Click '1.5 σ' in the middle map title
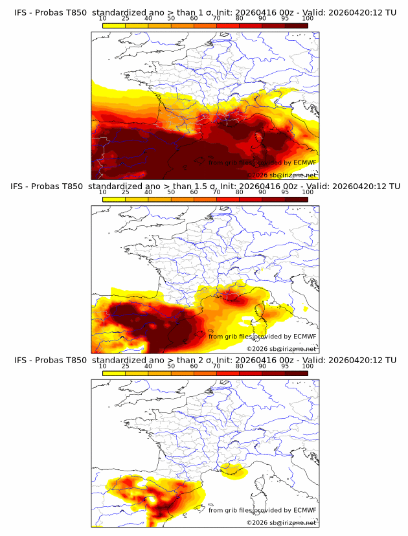[199, 186]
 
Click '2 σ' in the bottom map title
[196, 360]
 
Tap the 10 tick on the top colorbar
[103, 18]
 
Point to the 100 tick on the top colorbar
[308, 18]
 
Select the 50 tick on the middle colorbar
[171, 192]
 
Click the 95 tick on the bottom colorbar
[285, 366]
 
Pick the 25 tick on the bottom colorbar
[126, 366]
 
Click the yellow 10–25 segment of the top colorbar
[114, 25]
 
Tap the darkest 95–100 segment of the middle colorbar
[296, 199]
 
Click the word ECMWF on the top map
[304, 163]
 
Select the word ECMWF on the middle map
[304, 337]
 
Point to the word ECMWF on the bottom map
[304, 510]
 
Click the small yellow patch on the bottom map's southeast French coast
[231, 470]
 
